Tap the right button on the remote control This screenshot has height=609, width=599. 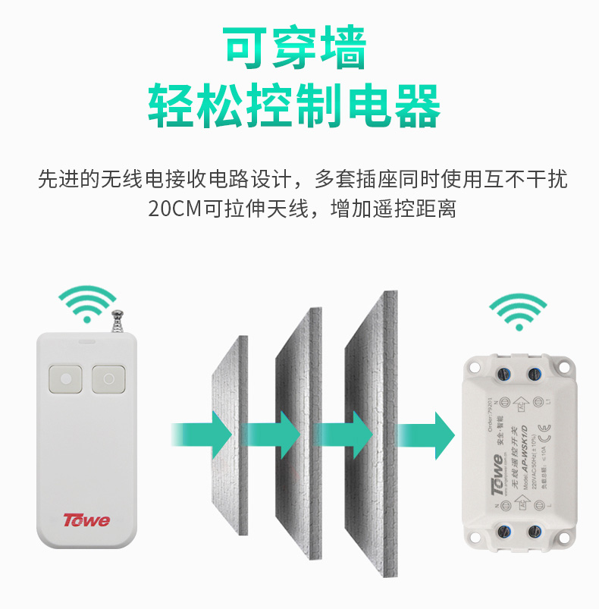click(x=108, y=378)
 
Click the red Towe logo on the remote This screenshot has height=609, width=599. click(x=86, y=521)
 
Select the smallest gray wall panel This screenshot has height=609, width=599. click(x=227, y=440)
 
